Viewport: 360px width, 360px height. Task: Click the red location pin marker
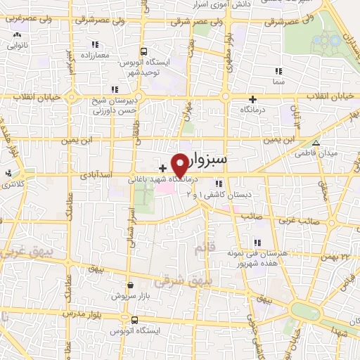pos(179,164)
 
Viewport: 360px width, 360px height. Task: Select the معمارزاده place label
pos(94,55)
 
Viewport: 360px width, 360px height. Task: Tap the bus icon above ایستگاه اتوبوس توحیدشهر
pos(143,51)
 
